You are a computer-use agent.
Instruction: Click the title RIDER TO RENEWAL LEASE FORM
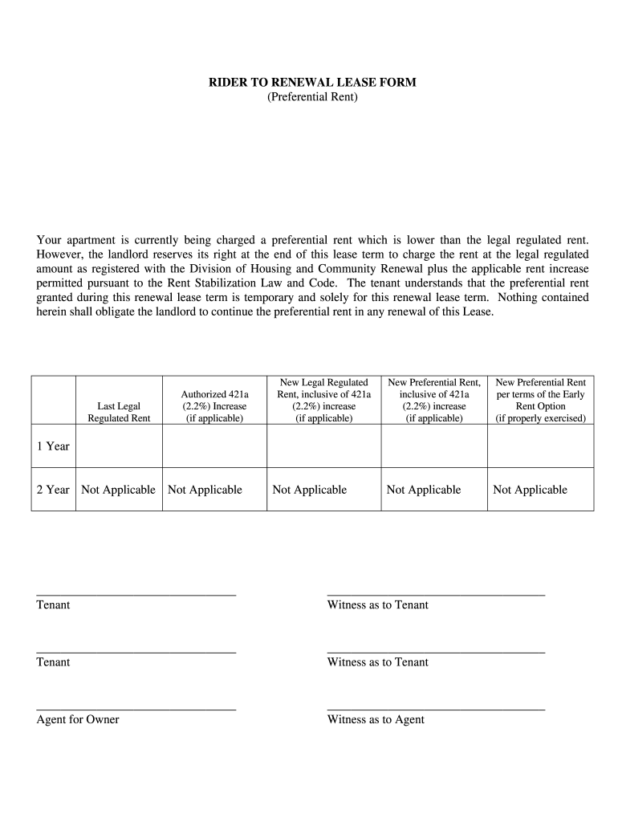click(312, 83)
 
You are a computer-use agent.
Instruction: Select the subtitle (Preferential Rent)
click(312, 97)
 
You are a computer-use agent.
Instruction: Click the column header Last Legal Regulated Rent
click(119, 412)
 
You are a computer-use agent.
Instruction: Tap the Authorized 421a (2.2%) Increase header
click(214, 406)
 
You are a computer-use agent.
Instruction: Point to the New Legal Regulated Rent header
click(323, 401)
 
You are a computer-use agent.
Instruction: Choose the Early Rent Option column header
click(541, 401)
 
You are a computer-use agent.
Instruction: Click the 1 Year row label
click(53, 446)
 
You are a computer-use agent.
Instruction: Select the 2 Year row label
click(53, 490)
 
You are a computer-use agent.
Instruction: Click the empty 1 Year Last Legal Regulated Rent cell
click(119, 446)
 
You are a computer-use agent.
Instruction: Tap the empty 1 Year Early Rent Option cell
click(541, 446)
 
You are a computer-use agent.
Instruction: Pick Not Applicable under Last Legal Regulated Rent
click(118, 490)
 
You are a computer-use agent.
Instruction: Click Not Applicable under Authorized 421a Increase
click(205, 490)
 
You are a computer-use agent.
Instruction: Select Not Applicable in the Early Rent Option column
click(530, 490)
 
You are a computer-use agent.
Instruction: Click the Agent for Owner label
click(78, 719)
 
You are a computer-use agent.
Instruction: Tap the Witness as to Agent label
click(376, 719)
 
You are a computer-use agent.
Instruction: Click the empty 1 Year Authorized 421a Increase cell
click(214, 446)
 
